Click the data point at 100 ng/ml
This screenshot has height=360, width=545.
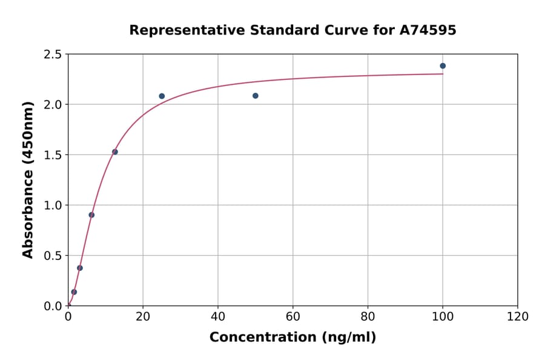443,66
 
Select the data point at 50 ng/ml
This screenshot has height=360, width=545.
256,96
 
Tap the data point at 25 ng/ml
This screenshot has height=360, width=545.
162,96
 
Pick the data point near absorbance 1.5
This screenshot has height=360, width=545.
115,152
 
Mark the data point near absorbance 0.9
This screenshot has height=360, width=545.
91,215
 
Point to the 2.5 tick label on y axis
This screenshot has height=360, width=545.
53,55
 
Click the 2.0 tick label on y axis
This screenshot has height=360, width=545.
53,105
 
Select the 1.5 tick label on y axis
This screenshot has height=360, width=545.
53,155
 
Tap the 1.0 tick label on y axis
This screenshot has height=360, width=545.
53,205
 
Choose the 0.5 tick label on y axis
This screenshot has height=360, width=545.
53,256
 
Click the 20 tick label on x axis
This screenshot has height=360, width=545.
143,316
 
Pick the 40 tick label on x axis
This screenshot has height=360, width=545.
218,316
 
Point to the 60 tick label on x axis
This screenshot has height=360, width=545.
293,316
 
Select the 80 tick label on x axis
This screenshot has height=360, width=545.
368,316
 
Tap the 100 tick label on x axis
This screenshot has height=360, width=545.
443,316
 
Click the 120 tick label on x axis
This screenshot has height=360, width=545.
518,316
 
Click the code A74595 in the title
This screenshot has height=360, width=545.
428,30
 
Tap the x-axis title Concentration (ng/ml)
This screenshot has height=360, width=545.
292,338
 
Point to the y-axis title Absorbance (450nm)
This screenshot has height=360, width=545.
28,179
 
